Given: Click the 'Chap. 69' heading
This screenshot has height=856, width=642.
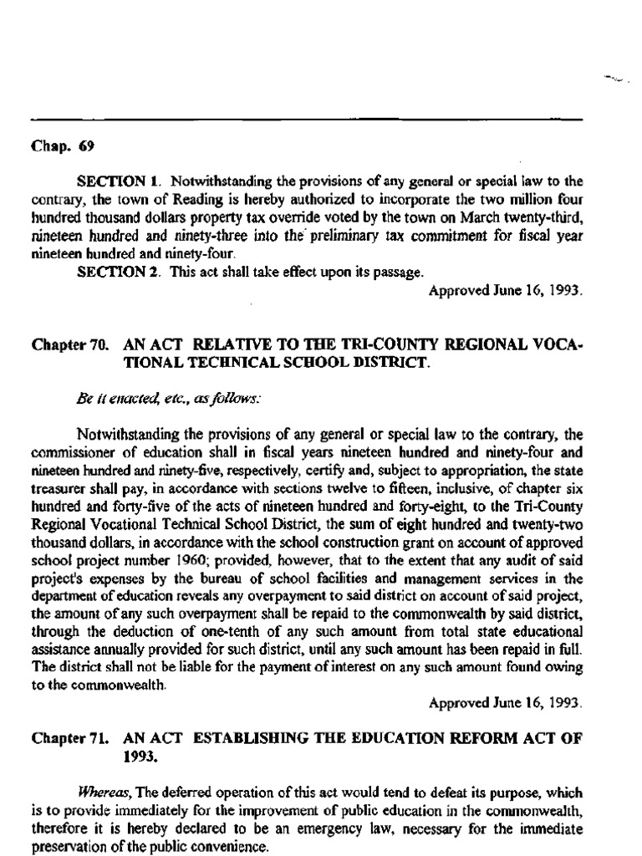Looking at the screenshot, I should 63,146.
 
